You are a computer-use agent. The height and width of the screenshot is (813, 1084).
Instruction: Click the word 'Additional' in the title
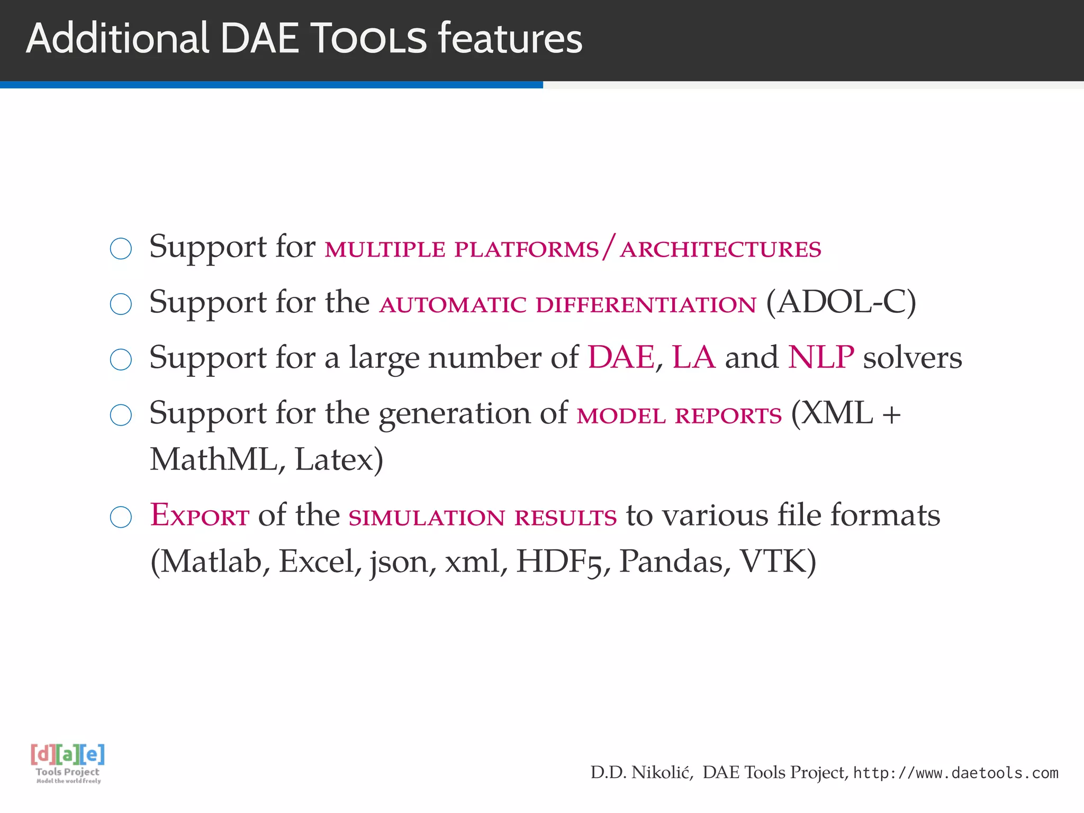click(x=117, y=39)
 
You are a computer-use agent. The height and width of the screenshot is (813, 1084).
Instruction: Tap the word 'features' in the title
click(x=510, y=39)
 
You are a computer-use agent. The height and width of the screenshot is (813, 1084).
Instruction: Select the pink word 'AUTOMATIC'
click(x=453, y=305)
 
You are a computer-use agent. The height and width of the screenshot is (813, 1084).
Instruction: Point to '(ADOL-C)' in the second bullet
click(x=841, y=302)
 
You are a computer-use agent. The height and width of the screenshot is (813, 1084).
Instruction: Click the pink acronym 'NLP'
click(x=820, y=357)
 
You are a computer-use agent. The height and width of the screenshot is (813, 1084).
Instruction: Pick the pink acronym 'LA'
click(x=693, y=357)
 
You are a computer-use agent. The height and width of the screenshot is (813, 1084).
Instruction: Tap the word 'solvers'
click(x=913, y=358)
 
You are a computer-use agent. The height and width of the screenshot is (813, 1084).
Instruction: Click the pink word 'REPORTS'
click(x=728, y=416)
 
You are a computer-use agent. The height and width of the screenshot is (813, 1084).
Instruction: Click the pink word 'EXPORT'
click(x=200, y=515)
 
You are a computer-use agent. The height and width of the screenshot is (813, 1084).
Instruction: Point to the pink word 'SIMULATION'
click(x=427, y=518)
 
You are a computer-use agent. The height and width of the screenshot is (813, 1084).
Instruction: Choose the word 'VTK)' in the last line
click(x=778, y=562)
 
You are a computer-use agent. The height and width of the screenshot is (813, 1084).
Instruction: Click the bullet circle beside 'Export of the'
click(x=121, y=517)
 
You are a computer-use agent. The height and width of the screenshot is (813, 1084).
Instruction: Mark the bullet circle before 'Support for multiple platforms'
click(x=121, y=249)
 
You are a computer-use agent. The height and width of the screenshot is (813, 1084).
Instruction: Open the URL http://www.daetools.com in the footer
click(x=955, y=773)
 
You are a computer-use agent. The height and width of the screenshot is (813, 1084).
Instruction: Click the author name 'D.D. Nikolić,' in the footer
click(x=642, y=773)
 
